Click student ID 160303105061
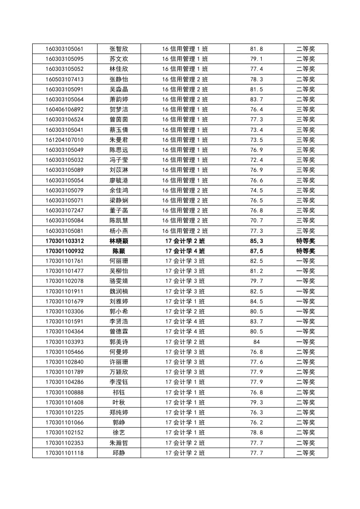tap(64, 49)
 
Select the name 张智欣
tap(119, 49)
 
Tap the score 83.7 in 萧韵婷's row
tap(256, 99)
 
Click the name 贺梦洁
tap(119, 109)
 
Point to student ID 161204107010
tap(64, 140)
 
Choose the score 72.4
tap(256, 160)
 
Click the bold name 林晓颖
tap(119, 241)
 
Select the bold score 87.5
tap(256, 251)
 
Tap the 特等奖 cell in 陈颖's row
tap(306, 251)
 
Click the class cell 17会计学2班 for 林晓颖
tap(185, 241)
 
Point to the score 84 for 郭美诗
tap(256, 342)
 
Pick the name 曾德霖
tap(119, 332)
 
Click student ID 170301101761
tap(64, 261)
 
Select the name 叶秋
tap(119, 402)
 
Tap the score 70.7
tap(256, 220)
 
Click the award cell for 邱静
tap(306, 453)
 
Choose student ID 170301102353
tap(64, 443)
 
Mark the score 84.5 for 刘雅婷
tap(256, 301)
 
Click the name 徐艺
tap(119, 432)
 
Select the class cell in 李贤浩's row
tap(185, 321)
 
